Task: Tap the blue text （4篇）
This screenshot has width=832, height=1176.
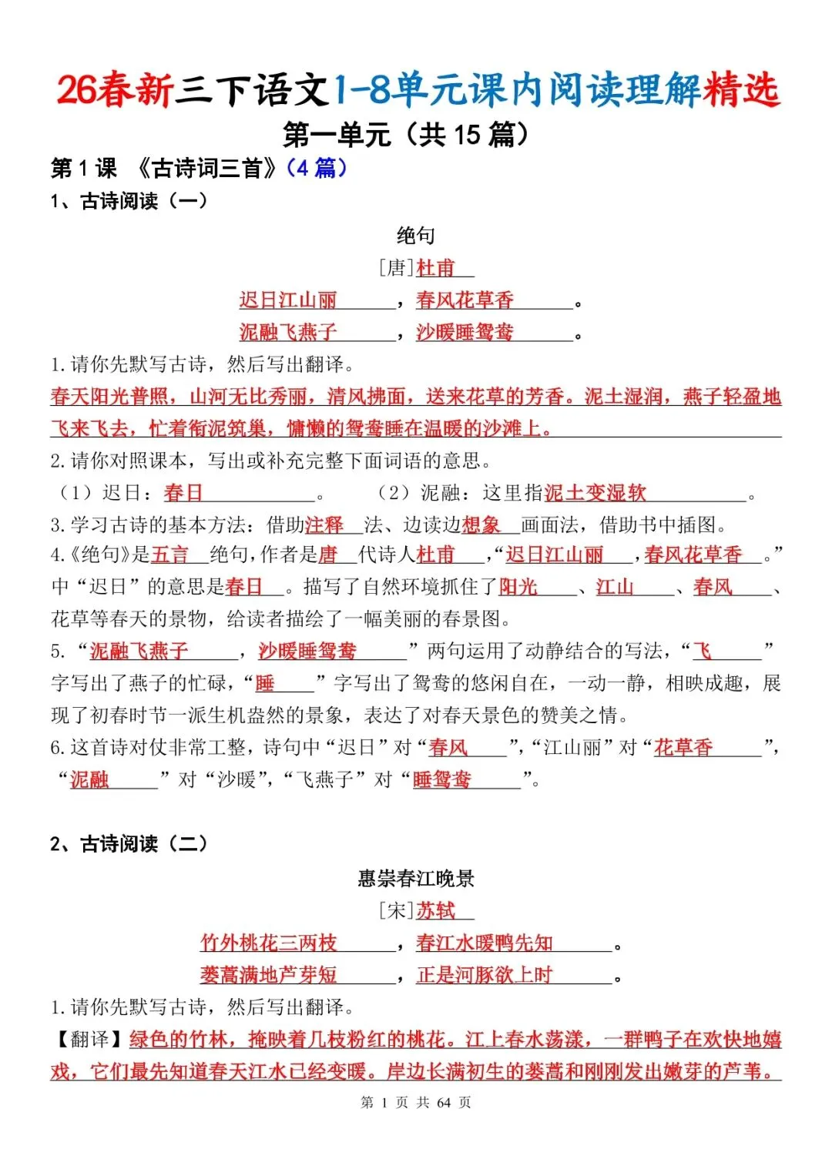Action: tap(316, 168)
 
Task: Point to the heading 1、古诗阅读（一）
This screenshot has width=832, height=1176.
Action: tap(129, 201)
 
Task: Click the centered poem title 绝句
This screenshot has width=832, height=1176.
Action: tap(416, 236)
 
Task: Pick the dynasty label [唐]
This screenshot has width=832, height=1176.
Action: tap(396, 268)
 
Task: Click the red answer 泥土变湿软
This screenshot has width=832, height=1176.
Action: tap(595, 493)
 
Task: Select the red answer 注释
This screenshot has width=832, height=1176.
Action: tap(324, 525)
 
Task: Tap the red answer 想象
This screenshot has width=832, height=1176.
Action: tap(481, 525)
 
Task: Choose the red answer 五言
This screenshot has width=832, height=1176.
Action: tap(169, 554)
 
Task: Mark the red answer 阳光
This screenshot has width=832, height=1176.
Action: tap(518, 587)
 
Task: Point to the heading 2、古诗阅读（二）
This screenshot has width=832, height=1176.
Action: tap(129, 844)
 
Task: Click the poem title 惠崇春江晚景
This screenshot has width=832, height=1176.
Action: tap(416, 879)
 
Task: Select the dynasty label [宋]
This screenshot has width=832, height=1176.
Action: tap(396, 911)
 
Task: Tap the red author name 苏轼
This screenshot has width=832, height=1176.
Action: tap(436, 911)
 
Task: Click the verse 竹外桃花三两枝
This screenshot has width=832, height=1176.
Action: tap(268, 943)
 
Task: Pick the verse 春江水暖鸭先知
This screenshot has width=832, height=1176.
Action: tap(485, 943)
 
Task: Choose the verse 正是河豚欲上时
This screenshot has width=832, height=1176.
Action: tap(485, 975)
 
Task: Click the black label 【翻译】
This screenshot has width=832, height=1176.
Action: tap(89, 1040)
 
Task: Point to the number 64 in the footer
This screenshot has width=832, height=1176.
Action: tap(444, 1103)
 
